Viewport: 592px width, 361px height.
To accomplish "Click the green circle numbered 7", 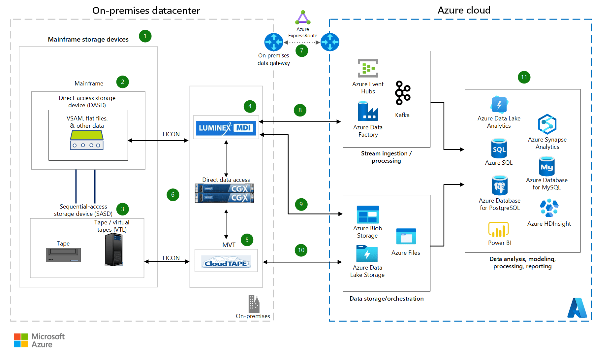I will (301, 50).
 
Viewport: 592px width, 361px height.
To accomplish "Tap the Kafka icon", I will (403, 93).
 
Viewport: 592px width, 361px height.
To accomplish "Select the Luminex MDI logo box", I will (226, 128).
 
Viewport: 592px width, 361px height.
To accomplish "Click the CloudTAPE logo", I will (226, 263).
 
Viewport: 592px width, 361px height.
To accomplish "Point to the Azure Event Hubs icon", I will (368, 68).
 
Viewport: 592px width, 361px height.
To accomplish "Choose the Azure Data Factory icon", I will (368, 112).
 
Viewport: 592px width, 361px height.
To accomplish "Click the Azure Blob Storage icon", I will (368, 215).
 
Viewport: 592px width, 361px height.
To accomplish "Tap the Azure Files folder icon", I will (406, 237).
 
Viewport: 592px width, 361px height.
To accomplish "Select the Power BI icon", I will (498, 230).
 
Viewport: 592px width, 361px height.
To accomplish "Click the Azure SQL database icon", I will (499, 149).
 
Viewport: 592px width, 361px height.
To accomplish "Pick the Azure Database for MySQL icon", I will (546, 167).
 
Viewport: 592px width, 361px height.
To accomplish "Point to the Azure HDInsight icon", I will (549, 208).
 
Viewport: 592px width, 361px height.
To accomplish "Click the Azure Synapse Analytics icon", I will (547, 124).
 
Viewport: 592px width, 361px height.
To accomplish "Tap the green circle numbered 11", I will (524, 77).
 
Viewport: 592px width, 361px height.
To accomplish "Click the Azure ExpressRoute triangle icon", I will (303, 18).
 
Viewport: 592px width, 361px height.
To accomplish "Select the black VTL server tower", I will (114, 250).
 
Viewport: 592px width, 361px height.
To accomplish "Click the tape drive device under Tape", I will (63, 255).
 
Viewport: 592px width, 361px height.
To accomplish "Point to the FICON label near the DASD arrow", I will (171, 134).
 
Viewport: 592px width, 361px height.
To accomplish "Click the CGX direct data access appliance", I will (225, 193).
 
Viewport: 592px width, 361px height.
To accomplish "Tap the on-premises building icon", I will (254, 304).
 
